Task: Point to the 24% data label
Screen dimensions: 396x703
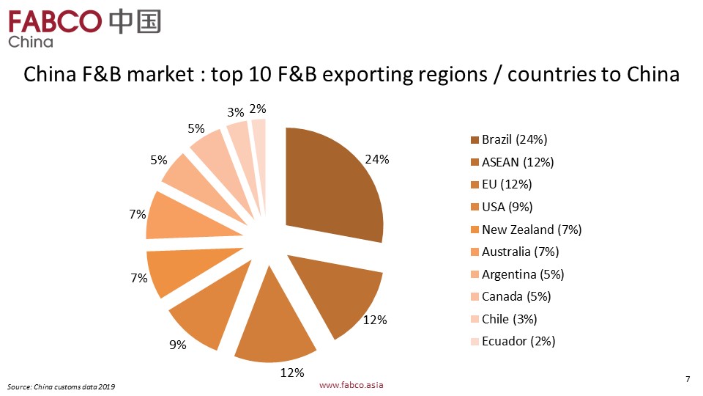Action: point(377,159)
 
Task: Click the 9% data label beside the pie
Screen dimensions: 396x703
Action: point(177,345)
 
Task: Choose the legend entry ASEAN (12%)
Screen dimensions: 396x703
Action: point(517,162)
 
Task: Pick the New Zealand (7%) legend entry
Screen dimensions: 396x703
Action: point(531,230)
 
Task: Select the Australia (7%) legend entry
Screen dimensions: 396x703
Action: point(520,252)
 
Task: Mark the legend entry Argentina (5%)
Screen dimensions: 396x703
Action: point(522,274)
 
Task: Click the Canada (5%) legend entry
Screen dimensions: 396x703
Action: point(516,296)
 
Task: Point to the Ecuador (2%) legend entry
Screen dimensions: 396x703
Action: point(518,341)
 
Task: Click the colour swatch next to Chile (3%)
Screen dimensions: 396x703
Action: point(475,319)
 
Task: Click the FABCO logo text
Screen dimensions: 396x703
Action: point(55,21)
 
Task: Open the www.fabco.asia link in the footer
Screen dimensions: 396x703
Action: point(352,385)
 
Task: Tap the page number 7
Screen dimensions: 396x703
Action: point(688,379)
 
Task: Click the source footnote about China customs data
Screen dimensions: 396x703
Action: point(62,386)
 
